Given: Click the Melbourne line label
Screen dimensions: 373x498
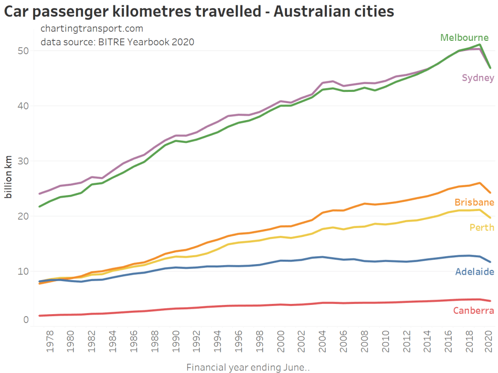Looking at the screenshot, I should tap(464, 37).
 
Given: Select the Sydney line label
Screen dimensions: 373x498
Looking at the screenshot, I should tap(478, 78).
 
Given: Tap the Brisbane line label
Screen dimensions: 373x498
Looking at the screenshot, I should tap(474, 202).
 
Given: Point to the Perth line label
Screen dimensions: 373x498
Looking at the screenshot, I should tap(481, 227).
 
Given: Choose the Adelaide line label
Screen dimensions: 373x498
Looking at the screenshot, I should tap(474, 272).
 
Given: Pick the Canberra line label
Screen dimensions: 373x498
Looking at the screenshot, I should tap(473, 311).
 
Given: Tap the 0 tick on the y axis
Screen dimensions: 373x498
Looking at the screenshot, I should tap(25, 320).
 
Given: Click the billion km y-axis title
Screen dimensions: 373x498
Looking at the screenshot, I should tap(9, 178).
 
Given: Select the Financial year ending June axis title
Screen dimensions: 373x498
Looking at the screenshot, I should tap(248, 367).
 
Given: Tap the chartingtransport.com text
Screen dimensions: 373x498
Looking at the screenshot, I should tap(92, 29).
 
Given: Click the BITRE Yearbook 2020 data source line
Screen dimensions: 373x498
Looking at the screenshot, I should tap(117, 42).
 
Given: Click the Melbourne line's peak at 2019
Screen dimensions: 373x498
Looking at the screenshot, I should tap(480, 45).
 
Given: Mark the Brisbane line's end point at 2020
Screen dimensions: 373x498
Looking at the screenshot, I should tap(490, 193).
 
